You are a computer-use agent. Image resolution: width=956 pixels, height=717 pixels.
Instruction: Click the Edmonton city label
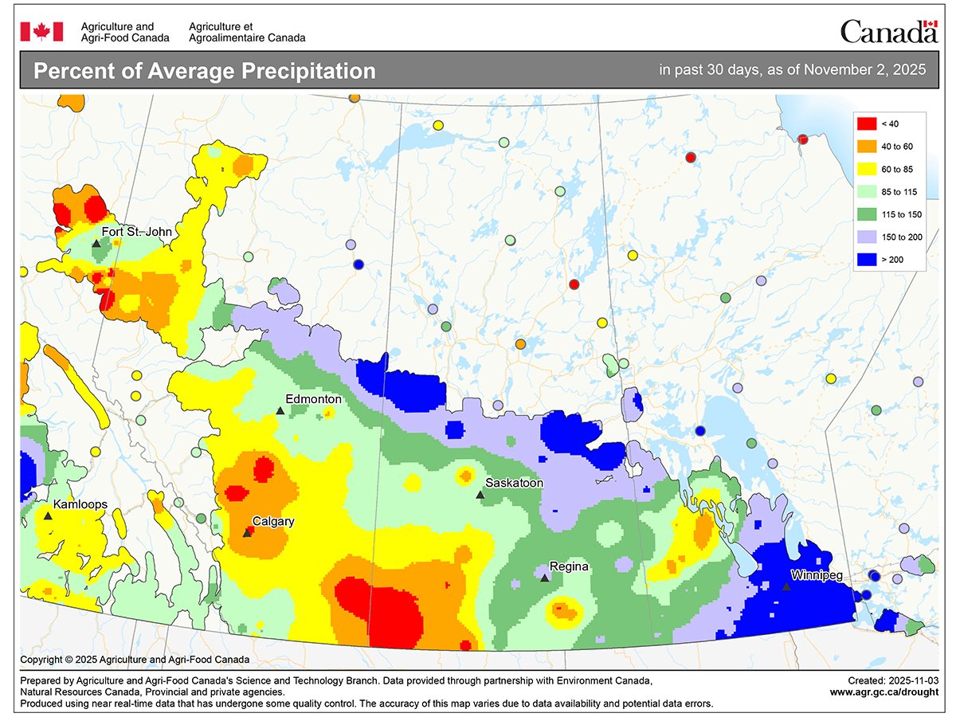click(314, 399)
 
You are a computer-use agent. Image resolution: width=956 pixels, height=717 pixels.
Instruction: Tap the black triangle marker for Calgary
click(247, 533)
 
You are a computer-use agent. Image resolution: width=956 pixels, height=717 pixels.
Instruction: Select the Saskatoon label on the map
click(515, 483)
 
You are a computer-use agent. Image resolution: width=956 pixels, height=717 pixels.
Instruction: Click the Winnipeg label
click(817, 574)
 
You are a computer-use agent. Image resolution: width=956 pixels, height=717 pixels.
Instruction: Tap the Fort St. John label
click(137, 231)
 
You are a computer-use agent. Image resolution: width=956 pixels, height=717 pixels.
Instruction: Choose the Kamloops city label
click(80, 504)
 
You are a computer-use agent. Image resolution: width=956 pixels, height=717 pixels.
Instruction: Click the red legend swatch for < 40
click(866, 123)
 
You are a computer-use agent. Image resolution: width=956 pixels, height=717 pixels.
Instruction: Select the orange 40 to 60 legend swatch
click(866, 146)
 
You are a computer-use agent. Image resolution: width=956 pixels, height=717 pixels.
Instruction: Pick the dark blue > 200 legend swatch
click(866, 259)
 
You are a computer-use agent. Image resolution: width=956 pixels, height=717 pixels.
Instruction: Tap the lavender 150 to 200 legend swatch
click(866, 237)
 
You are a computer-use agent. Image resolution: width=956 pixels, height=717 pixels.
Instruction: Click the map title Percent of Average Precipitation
click(204, 71)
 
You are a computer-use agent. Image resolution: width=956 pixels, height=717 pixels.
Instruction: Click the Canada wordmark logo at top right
click(888, 31)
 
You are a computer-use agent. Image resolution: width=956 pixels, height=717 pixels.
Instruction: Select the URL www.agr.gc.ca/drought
click(883, 692)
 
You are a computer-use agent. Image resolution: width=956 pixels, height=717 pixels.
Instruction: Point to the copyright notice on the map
click(135, 660)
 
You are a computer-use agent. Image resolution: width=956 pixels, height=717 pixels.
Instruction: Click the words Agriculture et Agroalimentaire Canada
click(247, 32)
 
